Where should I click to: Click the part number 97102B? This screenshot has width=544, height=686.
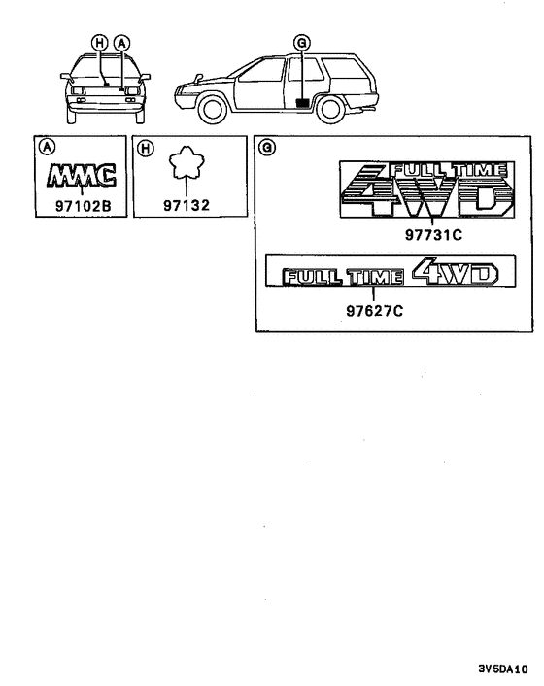coord(84,206)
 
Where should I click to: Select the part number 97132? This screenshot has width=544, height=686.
coord(187,205)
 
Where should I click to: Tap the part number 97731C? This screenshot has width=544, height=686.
coord(433,235)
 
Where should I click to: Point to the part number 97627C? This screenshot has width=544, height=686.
coord(375,311)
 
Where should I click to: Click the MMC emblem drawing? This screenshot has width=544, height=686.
coord(82,176)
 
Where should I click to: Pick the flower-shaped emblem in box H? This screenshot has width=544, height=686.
coord(187,162)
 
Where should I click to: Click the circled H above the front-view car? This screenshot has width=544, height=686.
coord(99,43)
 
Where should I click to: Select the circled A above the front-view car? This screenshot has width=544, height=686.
coord(121,43)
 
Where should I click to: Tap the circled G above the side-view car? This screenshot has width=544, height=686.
coord(302,43)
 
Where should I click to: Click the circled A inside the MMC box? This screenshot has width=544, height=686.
coord(48,147)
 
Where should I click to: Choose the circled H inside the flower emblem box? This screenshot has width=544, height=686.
coord(146,148)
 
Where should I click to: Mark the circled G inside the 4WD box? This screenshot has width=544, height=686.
coord(267,147)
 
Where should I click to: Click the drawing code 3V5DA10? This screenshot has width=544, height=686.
coord(503,669)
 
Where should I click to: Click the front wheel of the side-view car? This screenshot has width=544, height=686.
coord(213,110)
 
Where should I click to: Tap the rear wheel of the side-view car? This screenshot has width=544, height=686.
coord(330,110)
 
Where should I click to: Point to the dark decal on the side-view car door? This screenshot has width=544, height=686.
coord(303,103)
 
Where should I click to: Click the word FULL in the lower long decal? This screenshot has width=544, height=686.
coord(312,277)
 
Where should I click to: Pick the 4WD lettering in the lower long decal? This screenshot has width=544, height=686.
coord(455,272)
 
